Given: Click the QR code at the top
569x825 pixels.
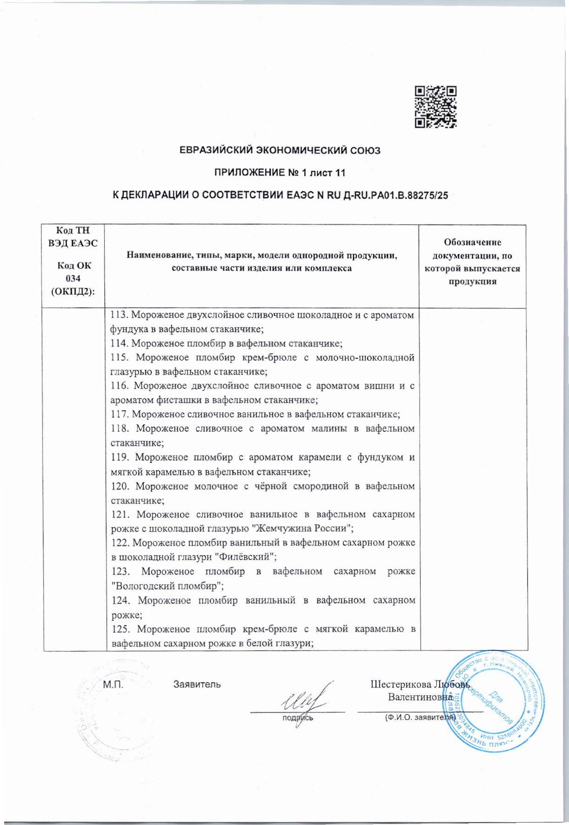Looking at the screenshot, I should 435,107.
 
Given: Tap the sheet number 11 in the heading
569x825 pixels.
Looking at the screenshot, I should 341,173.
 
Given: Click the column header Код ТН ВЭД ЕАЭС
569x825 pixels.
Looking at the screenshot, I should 73,237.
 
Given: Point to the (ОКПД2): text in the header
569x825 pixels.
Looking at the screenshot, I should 73,291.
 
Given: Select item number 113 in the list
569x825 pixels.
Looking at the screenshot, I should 120,315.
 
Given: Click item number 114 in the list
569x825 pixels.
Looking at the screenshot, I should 120,343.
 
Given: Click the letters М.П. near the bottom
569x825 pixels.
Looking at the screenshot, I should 112,684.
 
